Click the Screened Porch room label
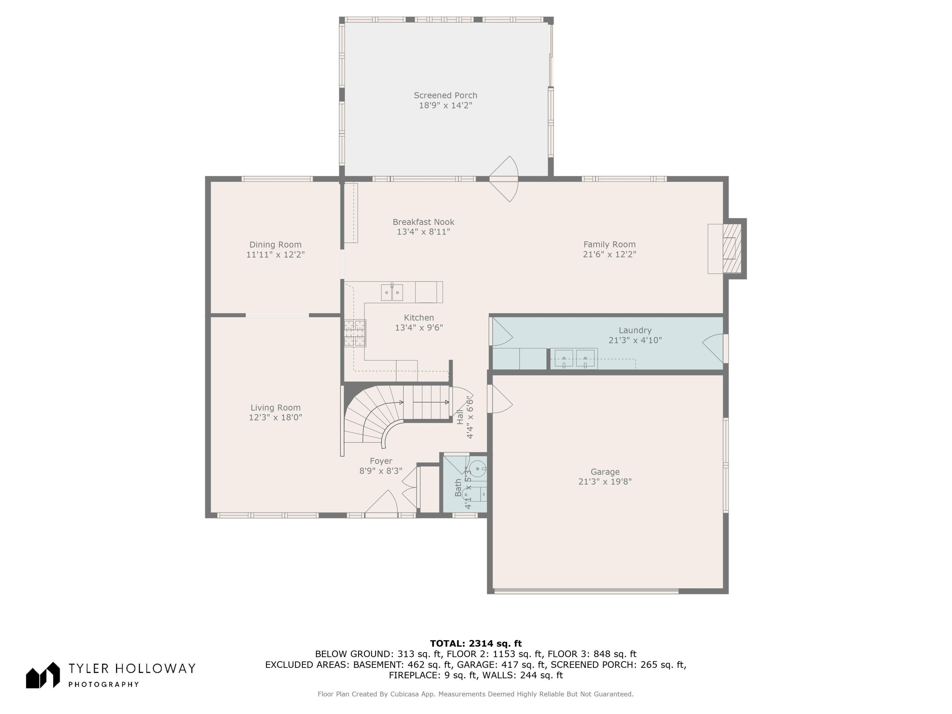(x=446, y=95)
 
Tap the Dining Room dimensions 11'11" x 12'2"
(x=275, y=255)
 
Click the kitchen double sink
(x=392, y=292)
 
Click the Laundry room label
(x=635, y=330)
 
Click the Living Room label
(x=275, y=407)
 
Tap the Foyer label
(x=381, y=461)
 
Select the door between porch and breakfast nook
(x=504, y=179)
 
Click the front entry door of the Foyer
(x=381, y=503)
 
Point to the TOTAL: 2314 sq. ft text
(x=476, y=644)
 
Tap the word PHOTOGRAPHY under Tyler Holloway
(x=104, y=684)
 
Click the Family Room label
(x=609, y=244)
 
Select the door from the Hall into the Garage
(x=499, y=399)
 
